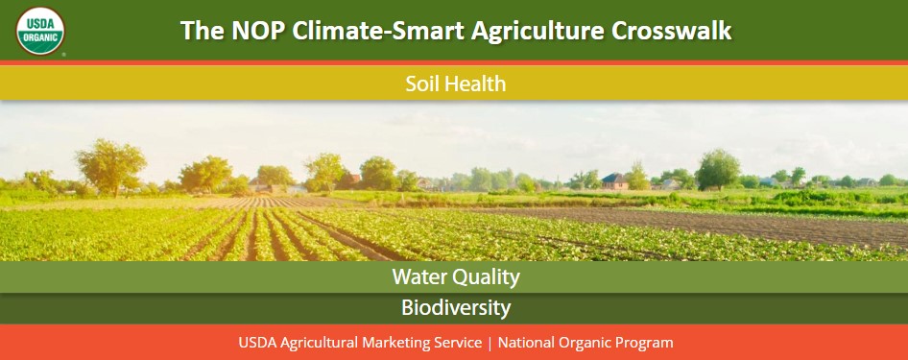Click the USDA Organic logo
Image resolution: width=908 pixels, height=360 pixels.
[x=40, y=30]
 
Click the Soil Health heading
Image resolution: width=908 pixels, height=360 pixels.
[x=455, y=84]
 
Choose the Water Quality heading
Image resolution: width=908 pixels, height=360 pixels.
[x=455, y=277]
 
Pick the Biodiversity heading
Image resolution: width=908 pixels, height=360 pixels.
[x=455, y=308]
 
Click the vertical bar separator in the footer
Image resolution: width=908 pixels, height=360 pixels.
[x=490, y=343]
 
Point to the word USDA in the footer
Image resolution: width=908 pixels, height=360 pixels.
[x=256, y=343]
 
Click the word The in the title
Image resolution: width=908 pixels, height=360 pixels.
[x=202, y=31]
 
